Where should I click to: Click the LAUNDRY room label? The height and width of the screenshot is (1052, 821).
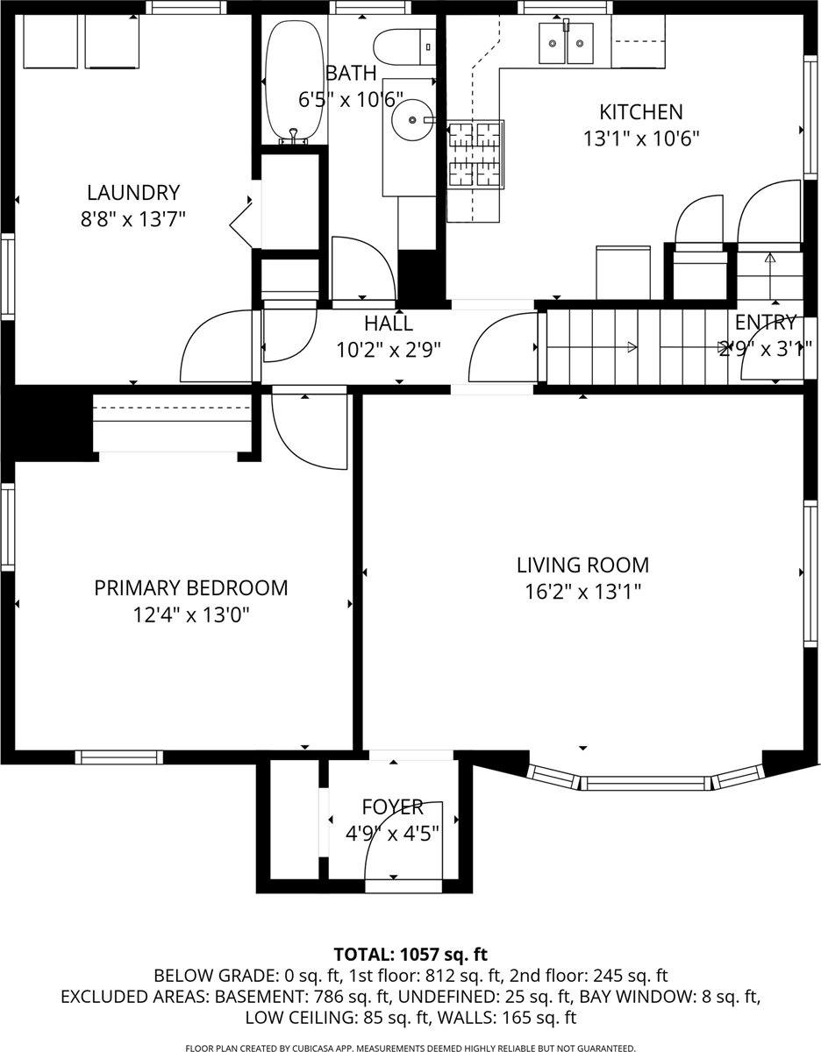[x=132, y=192]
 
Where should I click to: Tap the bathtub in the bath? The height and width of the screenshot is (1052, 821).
[x=296, y=81]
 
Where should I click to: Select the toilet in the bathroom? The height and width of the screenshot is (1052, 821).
[x=404, y=44]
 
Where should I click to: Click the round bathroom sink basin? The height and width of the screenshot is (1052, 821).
[x=411, y=119]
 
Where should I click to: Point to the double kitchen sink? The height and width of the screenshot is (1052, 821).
[x=566, y=43]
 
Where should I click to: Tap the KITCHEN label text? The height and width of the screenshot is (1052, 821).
[x=640, y=112]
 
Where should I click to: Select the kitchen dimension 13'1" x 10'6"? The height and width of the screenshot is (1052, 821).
[x=640, y=139]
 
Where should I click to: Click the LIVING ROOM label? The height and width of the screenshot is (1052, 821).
[x=582, y=565]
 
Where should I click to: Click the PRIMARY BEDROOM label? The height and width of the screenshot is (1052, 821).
[x=190, y=587]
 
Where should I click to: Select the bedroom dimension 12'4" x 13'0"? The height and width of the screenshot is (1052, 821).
[x=191, y=615]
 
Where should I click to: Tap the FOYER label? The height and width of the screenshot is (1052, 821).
[x=392, y=807]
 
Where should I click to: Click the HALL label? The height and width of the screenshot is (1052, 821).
[x=388, y=323]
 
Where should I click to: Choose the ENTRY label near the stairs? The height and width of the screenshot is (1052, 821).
[x=765, y=322]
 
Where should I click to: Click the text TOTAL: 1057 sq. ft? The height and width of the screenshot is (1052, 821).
[x=410, y=954]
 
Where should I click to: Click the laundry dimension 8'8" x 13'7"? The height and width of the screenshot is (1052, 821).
[x=132, y=218]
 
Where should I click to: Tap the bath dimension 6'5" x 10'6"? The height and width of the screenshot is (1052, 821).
[x=351, y=99]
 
